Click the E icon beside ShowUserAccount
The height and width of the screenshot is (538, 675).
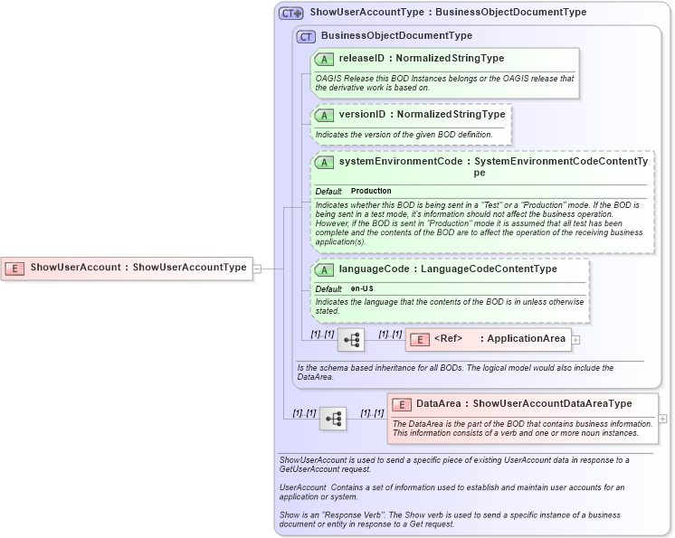[x=14, y=268]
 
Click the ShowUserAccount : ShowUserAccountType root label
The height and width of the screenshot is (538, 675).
[x=138, y=268]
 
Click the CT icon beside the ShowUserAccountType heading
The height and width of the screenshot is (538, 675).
[x=290, y=13]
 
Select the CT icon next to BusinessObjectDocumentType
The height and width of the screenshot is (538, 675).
[x=306, y=36]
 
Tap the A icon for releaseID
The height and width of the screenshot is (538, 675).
[x=324, y=59]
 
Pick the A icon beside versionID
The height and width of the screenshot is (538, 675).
[x=324, y=115]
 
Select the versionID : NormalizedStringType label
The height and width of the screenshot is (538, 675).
[x=422, y=115]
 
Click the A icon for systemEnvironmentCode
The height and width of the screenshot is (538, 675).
[x=324, y=162]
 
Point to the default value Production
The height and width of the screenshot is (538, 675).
[x=371, y=191]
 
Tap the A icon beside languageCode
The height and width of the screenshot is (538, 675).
[x=324, y=269]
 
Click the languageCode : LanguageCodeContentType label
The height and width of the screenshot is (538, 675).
[x=448, y=269]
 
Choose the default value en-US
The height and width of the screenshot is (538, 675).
[x=363, y=288]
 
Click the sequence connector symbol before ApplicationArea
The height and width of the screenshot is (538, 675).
[x=351, y=340]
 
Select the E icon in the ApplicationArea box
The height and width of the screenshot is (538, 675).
[x=419, y=340]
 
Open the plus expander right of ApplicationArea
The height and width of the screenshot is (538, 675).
[x=575, y=340]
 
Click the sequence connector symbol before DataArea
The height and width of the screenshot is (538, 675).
[x=332, y=419]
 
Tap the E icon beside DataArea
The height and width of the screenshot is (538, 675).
[x=401, y=404]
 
